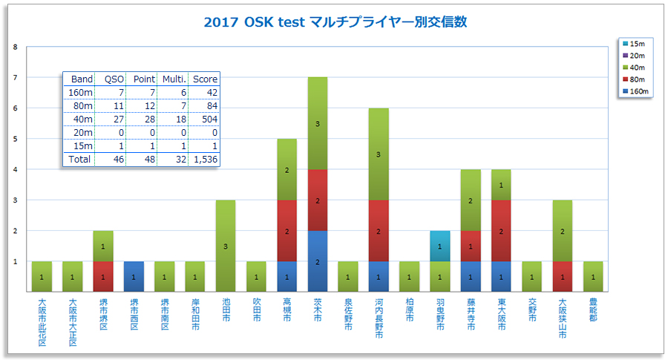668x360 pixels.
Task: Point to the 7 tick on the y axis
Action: pyautogui.click(x=16, y=77)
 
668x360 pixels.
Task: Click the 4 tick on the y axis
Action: pyautogui.click(x=16, y=169)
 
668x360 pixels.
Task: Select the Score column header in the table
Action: pyautogui.click(x=205, y=79)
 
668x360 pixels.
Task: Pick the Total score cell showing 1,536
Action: pyautogui.click(x=205, y=159)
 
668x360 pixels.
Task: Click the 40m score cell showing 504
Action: pyautogui.click(x=205, y=119)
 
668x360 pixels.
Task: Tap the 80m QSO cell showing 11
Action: pyautogui.click(x=114, y=105)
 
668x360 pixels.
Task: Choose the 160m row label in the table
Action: pyautogui.click(x=81, y=92)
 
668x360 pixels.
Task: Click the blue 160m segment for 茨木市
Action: pyautogui.click(x=318, y=261)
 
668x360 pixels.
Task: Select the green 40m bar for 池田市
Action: pyautogui.click(x=226, y=246)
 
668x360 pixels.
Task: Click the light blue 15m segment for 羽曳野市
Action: pyautogui.click(x=439, y=246)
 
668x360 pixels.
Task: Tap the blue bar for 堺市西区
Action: pyautogui.click(x=134, y=276)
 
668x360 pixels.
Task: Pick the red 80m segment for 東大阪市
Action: pyautogui.click(x=501, y=230)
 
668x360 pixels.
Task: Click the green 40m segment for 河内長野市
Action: pyautogui.click(x=379, y=154)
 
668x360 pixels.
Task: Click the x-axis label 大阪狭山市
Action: pyautogui.click(x=562, y=318)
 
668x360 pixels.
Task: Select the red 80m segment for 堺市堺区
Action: pyautogui.click(x=103, y=276)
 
